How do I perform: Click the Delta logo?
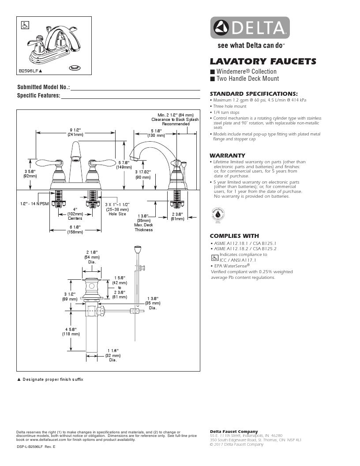249,28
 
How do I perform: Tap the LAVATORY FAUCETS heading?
262,61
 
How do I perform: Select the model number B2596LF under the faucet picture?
30,70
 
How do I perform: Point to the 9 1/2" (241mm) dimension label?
75,132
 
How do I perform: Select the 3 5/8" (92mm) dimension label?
30,173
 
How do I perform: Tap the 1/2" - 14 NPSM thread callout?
34,204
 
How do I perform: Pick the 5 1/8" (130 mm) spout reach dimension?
156,132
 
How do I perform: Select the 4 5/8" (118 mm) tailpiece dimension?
71,331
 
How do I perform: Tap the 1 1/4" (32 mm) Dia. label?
113,355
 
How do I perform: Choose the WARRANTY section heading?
227,156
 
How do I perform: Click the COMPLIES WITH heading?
234,236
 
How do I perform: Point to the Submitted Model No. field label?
43,87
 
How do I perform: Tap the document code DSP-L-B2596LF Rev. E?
36,447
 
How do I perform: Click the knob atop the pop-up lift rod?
137,249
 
